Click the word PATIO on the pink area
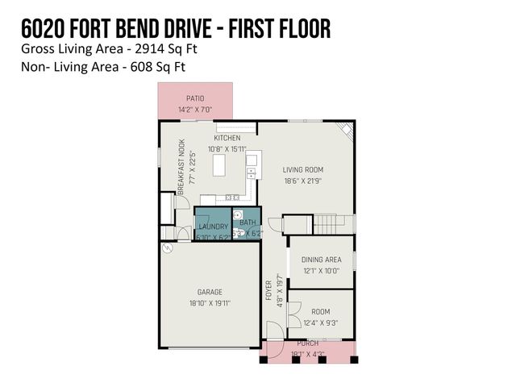click(195, 98)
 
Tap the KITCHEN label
click(227, 138)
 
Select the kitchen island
click(219, 164)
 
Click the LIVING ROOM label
click(302, 169)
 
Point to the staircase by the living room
click(327, 221)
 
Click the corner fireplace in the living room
click(346, 129)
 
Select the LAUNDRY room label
click(214, 227)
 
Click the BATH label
click(248, 222)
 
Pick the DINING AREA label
click(321, 259)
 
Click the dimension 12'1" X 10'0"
click(321, 271)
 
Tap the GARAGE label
click(210, 292)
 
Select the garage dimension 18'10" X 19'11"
click(210, 304)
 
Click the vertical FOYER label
click(268, 290)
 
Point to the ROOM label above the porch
click(321, 311)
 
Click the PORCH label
click(307, 343)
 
